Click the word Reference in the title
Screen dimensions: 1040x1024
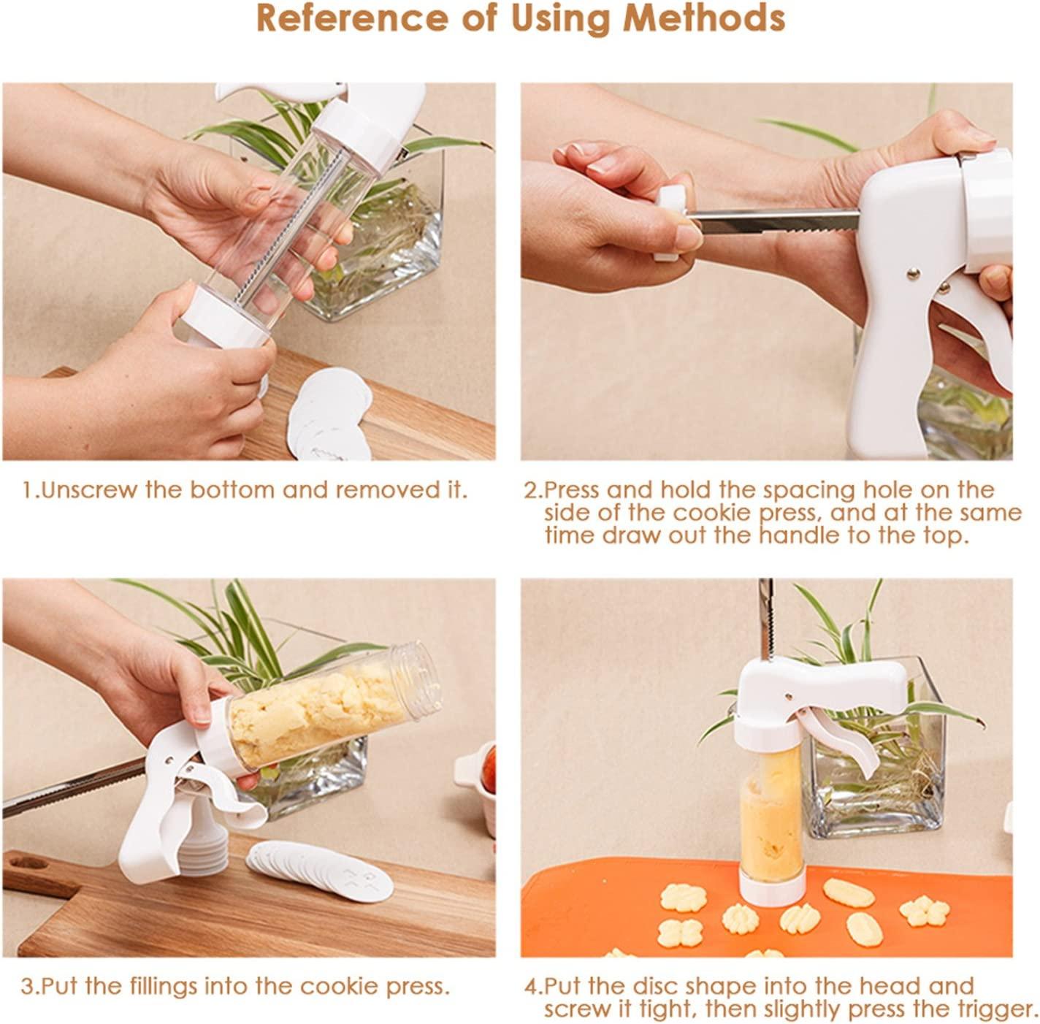351,20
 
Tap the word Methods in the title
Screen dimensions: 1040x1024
703,20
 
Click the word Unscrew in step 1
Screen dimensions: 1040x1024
88,490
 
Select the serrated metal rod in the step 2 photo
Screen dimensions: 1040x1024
775,221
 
